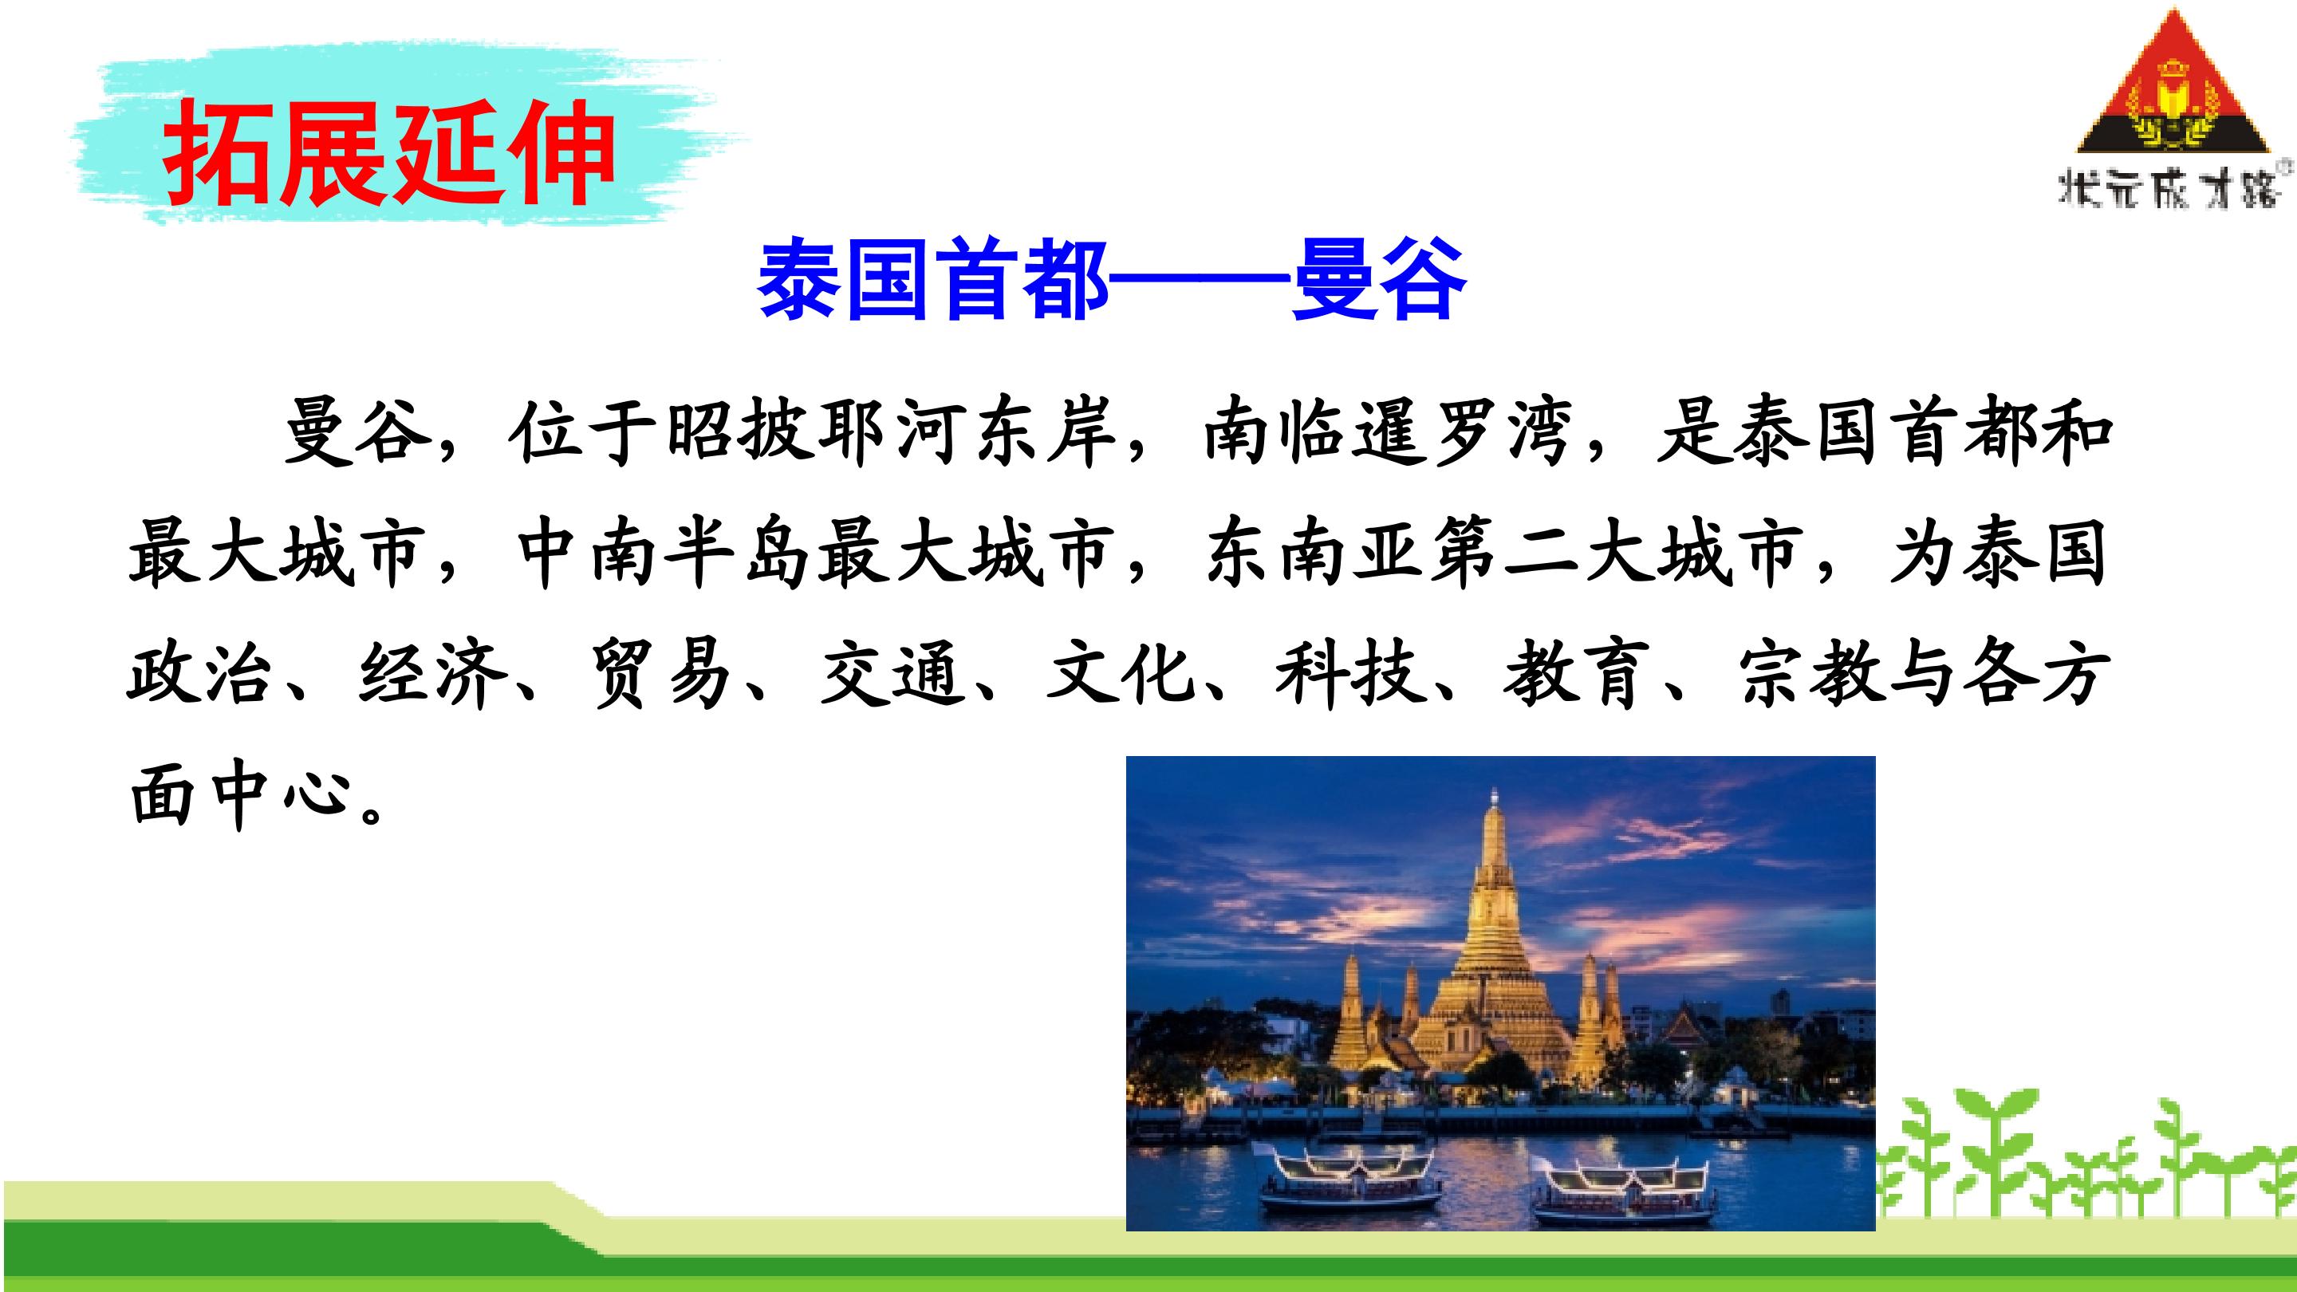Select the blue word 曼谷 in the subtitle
click(1378, 279)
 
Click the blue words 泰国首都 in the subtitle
click(934, 279)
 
